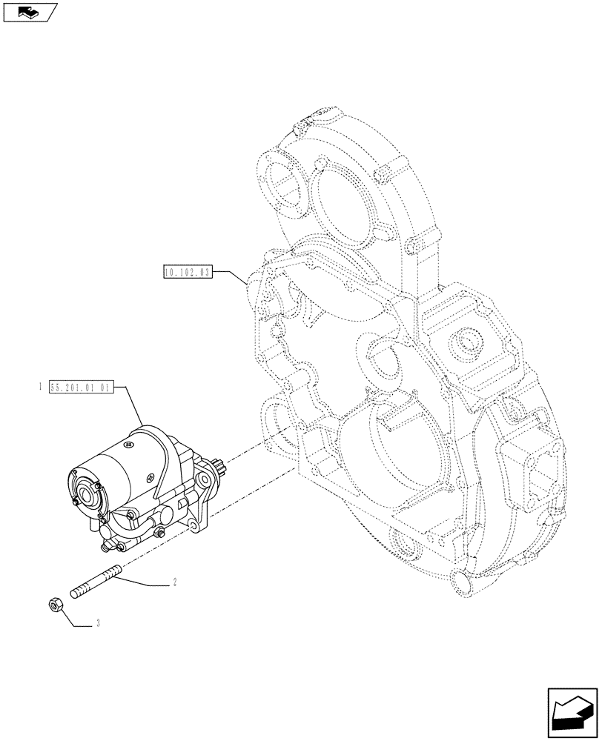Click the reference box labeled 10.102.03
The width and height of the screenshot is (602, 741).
pos(188,272)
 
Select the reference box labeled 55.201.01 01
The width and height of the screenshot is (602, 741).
pos(80,387)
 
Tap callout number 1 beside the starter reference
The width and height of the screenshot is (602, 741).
pos(40,387)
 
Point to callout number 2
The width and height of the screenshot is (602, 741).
pos(173,583)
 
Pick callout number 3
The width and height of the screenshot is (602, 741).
pos(96,625)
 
